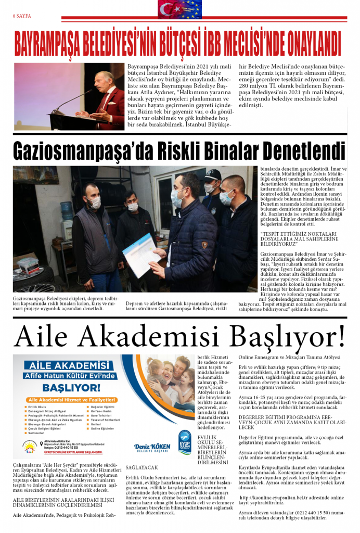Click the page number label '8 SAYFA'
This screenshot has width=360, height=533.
pyautogui.click(x=22, y=16)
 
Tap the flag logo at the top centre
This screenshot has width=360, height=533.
pyautogui.click(x=179, y=9)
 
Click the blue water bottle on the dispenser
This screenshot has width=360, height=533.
pyautogui.click(x=66, y=210)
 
